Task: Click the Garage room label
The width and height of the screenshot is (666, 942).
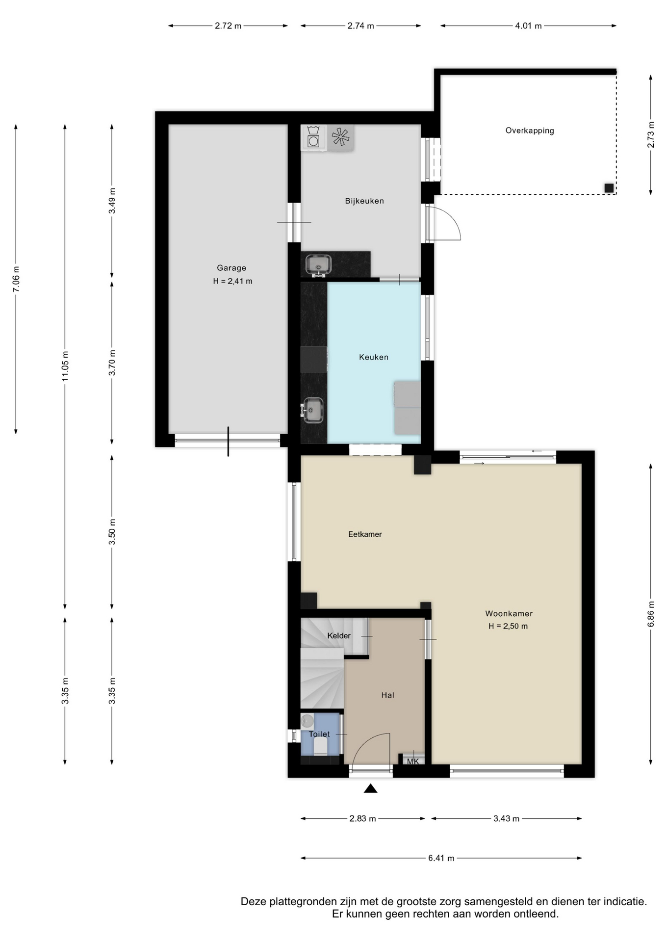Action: [x=231, y=268]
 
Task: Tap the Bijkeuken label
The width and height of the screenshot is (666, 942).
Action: [x=364, y=201]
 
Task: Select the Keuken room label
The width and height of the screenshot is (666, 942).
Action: [x=374, y=357]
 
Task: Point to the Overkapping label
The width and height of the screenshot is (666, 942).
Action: [x=530, y=131]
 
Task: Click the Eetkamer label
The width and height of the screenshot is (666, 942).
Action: [x=365, y=534]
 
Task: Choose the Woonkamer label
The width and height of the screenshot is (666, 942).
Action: [x=509, y=613]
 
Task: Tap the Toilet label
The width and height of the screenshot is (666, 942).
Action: [x=319, y=734]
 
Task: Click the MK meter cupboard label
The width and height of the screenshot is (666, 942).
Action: [x=413, y=761]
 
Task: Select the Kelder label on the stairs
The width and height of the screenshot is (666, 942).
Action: [x=339, y=636]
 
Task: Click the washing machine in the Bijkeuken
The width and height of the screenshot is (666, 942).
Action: [x=313, y=137]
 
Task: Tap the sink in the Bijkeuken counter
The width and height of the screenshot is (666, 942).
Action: [x=318, y=265]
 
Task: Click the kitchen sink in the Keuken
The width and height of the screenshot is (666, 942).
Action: [x=312, y=410]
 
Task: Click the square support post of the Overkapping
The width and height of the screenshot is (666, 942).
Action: [x=609, y=188]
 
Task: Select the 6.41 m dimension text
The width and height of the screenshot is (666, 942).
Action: [x=441, y=858]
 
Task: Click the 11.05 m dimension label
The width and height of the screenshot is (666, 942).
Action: [x=65, y=366]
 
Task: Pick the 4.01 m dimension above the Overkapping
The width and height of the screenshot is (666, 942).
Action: [x=528, y=26]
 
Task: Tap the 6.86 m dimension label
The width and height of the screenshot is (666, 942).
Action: [x=651, y=614]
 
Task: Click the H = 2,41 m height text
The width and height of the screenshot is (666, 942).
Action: [x=232, y=281]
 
